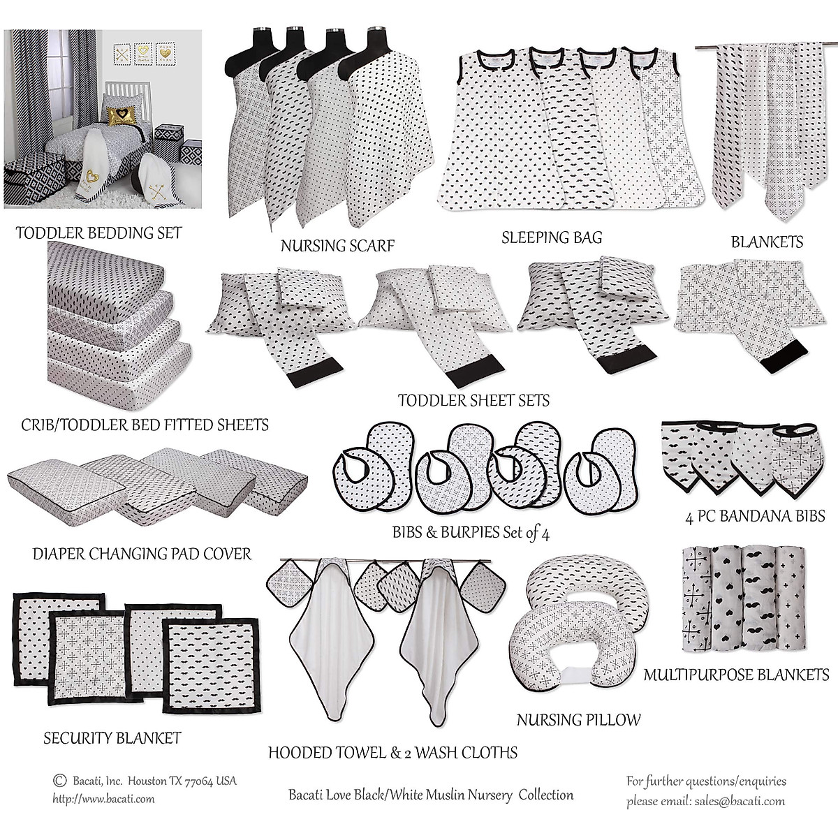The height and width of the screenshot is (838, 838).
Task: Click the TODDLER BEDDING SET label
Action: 98,233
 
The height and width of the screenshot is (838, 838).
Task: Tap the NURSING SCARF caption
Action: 337,246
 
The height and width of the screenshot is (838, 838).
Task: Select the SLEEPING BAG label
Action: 552,238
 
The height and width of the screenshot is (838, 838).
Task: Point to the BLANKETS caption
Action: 767,242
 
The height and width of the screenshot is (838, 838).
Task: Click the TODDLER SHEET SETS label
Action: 473,401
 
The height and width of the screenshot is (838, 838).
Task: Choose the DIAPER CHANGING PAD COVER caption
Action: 142,554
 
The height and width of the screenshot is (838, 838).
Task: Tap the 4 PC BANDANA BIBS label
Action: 755,517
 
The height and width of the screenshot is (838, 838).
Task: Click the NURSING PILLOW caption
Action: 578,719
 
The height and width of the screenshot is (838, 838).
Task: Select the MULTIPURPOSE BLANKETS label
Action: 736,675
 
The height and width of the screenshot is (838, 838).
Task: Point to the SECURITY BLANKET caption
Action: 112,738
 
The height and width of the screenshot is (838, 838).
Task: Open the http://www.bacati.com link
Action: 103,799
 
